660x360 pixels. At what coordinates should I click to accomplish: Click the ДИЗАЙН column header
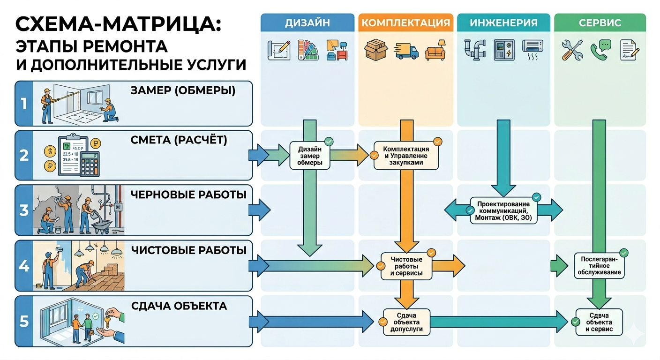coord(307,22)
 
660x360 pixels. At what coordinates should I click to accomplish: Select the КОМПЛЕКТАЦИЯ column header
coord(406,22)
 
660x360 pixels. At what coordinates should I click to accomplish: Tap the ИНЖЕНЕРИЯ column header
coord(503,22)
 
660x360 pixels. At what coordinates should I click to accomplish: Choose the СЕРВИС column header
coord(600,22)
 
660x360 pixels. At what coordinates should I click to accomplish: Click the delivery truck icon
coord(406,50)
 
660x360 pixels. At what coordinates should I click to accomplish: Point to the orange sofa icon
coord(435,52)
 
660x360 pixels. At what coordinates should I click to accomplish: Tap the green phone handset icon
coord(600,49)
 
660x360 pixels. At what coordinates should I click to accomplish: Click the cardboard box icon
coord(376,49)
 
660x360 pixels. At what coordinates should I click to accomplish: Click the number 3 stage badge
coord(24,210)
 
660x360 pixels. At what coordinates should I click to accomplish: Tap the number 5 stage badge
coord(24,321)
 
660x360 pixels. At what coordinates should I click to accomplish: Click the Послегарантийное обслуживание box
coord(600,266)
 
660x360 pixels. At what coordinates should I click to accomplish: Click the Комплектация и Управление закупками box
coord(406,156)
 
